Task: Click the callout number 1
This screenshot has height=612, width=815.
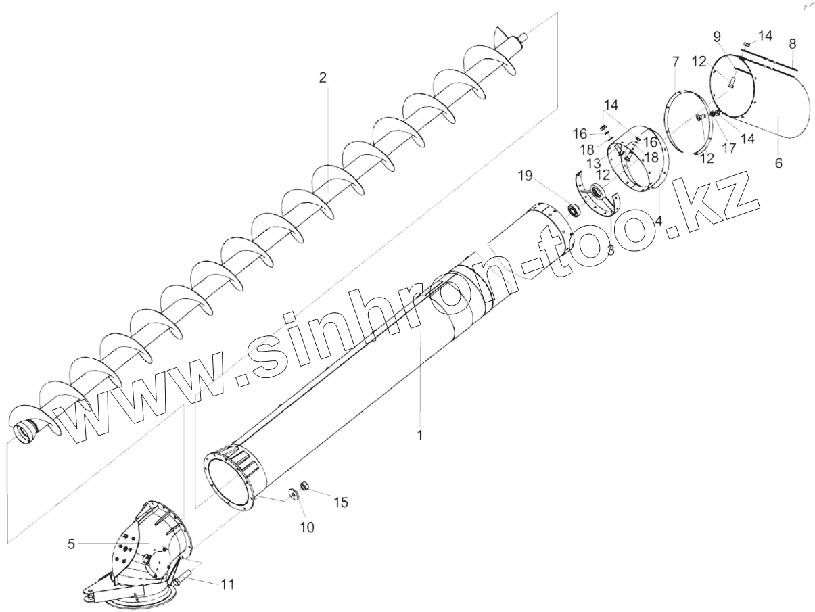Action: [419, 436]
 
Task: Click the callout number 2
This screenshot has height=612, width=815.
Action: [323, 77]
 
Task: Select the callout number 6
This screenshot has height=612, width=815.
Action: [778, 164]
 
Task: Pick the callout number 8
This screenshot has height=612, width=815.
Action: [793, 43]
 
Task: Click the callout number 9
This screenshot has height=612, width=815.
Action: [717, 36]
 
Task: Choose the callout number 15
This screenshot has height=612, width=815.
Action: [342, 502]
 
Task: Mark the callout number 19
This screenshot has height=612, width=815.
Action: [526, 177]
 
